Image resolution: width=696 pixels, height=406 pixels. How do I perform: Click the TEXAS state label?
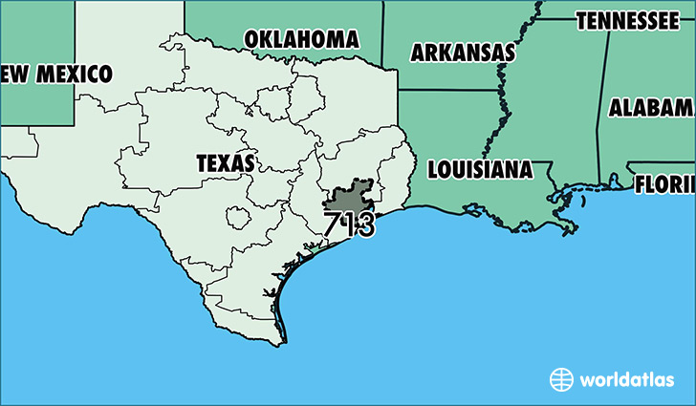coord(226,163)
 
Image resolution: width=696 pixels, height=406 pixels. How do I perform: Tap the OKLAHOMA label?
coord(302,39)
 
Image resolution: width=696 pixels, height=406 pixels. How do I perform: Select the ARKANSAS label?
coord(463,53)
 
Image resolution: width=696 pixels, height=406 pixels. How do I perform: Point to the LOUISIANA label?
coord(480,170)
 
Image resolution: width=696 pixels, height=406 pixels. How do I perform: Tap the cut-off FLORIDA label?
coord(664,182)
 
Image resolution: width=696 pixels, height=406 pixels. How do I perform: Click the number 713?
coord(349,226)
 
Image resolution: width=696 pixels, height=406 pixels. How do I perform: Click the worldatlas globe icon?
coord(561,379)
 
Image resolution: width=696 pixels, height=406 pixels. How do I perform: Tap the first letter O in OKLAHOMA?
coord(252,39)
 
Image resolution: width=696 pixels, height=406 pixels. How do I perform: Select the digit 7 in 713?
coord(332,226)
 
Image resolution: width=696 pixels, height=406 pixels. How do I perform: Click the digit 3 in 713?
coord(364,226)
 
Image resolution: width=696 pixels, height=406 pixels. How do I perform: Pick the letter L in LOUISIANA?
coord(433,170)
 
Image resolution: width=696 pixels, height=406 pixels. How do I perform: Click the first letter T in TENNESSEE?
coord(581,20)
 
